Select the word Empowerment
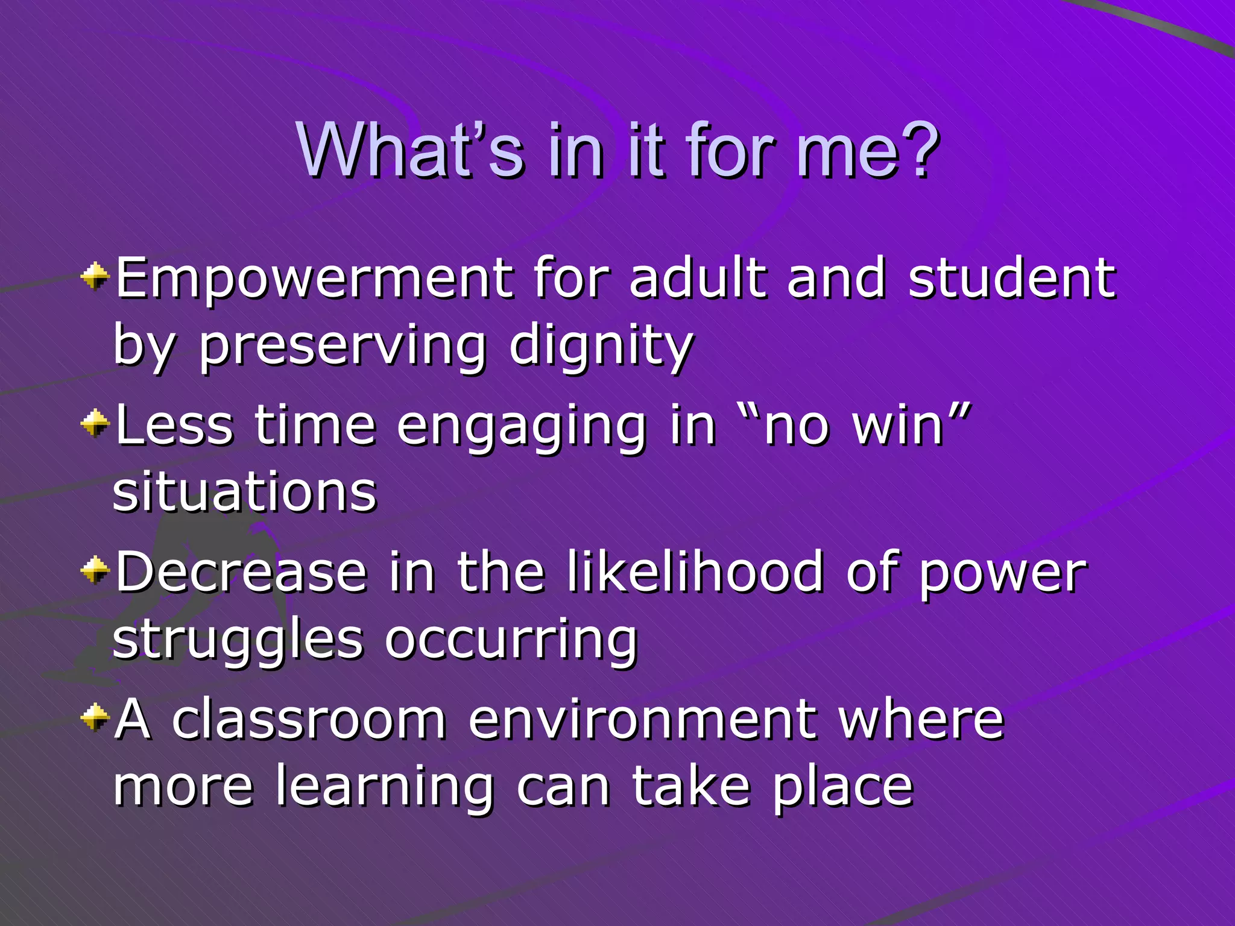click(314, 279)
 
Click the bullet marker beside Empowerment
click(95, 277)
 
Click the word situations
click(244, 493)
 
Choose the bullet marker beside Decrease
click(95, 570)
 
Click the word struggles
click(238, 640)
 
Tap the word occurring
click(511, 640)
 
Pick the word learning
click(385, 787)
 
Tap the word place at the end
click(843, 787)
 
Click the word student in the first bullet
click(1012, 279)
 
